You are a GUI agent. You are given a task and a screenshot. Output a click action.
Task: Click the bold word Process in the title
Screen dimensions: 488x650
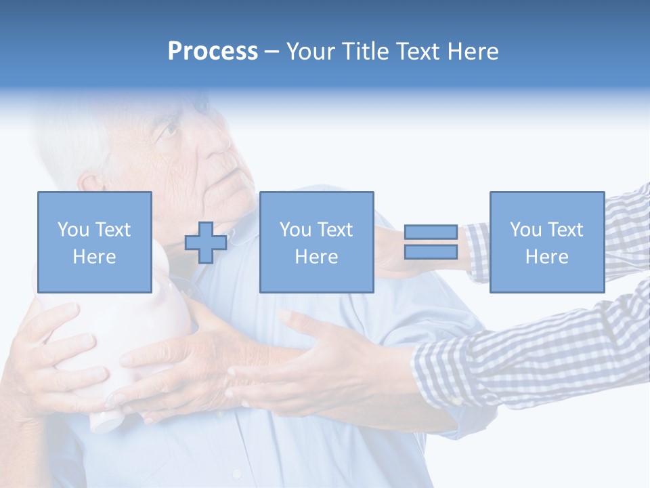[x=213, y=52]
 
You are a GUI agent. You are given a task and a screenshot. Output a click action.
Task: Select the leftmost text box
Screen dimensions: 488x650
[x=94, y=242]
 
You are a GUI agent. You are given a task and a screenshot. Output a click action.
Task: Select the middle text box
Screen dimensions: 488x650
[x=316, y=242]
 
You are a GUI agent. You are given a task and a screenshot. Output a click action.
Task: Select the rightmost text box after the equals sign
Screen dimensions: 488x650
[x=546, y=242]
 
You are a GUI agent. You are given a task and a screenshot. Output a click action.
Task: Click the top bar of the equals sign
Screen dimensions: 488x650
[x=431, y=232]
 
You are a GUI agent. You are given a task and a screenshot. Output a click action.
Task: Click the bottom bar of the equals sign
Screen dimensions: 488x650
[x=431, y=252]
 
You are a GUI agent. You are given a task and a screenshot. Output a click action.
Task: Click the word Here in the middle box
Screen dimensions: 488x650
[x=316, y=257]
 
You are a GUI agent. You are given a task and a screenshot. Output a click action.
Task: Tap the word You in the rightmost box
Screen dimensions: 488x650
[x=525, y=230]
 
